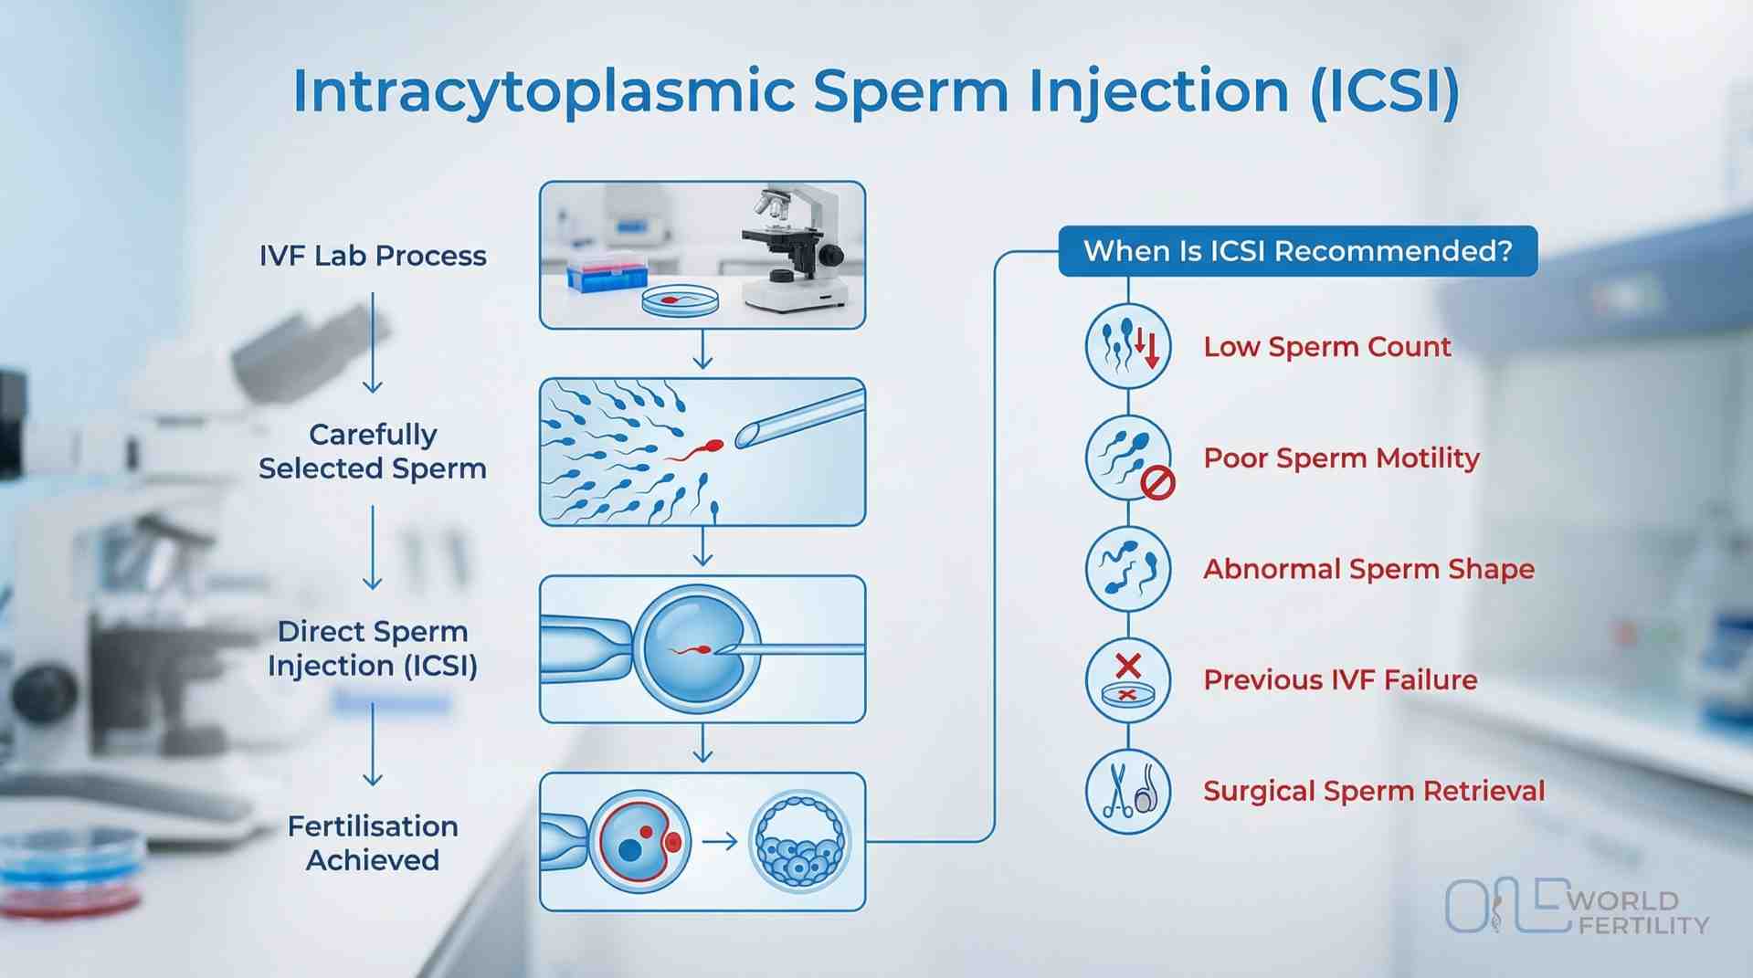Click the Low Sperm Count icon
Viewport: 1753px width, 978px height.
click(x=1128, y=347)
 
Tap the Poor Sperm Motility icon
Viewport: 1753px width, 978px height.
click(x=1128, y=457)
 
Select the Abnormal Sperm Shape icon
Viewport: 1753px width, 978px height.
click(x=1128, y=569)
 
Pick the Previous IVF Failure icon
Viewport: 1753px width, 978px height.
click(x=1128, y=680)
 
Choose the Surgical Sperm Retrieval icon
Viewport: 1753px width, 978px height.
click(x=1128, y=791)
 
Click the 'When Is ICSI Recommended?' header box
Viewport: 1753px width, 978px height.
click(x=1297, y=250)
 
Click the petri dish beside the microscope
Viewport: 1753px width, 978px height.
click(x=680, y=300)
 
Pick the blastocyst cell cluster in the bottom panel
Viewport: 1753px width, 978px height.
click(x=800, y=842)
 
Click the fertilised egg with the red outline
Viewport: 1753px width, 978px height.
click(x=639, y=842)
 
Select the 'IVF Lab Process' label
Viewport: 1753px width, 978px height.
click(x=373, y=256)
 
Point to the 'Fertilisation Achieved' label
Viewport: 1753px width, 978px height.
click(x=373, y=843)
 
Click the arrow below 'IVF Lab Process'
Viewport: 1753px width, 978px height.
click(x=373, y=342)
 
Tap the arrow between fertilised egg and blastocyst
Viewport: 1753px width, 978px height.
click(x=720, y=841)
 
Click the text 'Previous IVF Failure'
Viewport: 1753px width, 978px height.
click(x=1340, y=680)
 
